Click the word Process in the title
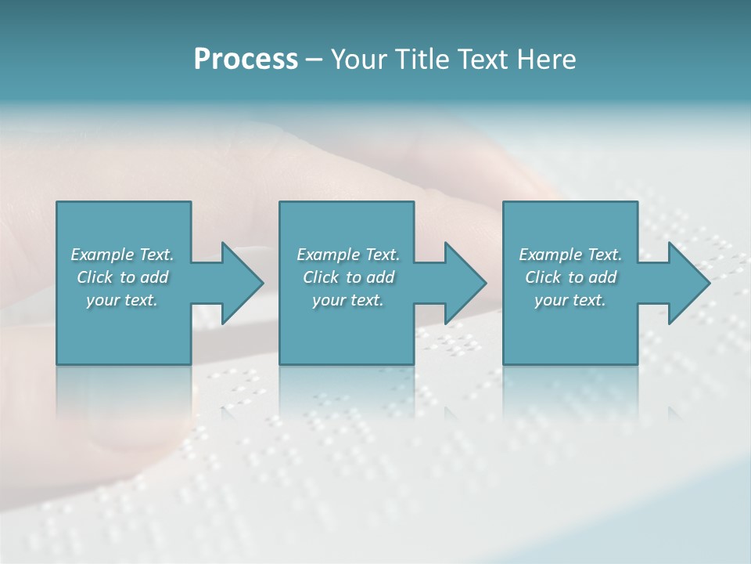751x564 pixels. [246, 60]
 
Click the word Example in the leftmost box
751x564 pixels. [102, 255]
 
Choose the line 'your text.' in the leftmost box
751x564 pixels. [122, 300]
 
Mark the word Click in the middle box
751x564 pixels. [321, 277]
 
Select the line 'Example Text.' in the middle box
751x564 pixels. [348, 255]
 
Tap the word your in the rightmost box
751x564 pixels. [551, 300]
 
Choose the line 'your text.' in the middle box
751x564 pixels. [348, 300]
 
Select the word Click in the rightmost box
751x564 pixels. [543, 277]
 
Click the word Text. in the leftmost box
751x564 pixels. [156, 255]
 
